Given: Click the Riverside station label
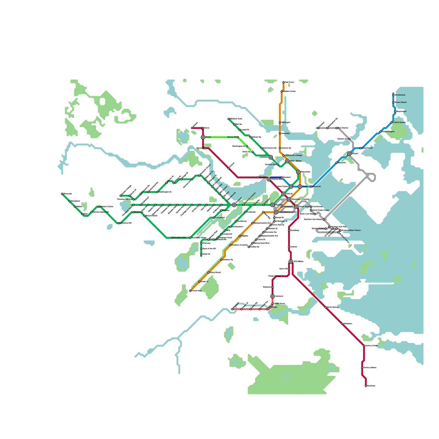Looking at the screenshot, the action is click(67, 194).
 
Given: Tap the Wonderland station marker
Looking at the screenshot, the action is click(393, 95).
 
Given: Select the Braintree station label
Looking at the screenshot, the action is click(371, 386).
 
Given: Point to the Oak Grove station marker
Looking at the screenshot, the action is click(283, 82).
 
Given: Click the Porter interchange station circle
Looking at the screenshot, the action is click(203, 137).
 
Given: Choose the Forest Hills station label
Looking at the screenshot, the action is click(196, 291).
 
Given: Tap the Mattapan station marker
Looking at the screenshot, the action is click(232, 309).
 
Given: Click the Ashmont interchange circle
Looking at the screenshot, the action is click(272, 296).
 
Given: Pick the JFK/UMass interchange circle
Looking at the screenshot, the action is click(291, 261).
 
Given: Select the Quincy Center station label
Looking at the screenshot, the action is click(372, 346).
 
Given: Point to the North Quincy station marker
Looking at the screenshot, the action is click(326, 307).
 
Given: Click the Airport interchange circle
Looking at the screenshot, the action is click(349, 154).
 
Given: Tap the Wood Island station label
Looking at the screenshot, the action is click(367, 148).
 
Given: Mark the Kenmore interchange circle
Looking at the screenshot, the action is click(234, 205).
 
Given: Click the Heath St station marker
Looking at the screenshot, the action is click(201, 254).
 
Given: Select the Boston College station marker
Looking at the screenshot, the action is click(121, 196).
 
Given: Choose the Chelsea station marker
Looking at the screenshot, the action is click(318, 128).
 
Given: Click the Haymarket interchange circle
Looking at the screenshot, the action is click(298, 172).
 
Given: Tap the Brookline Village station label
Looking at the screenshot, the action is click(199, 238).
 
